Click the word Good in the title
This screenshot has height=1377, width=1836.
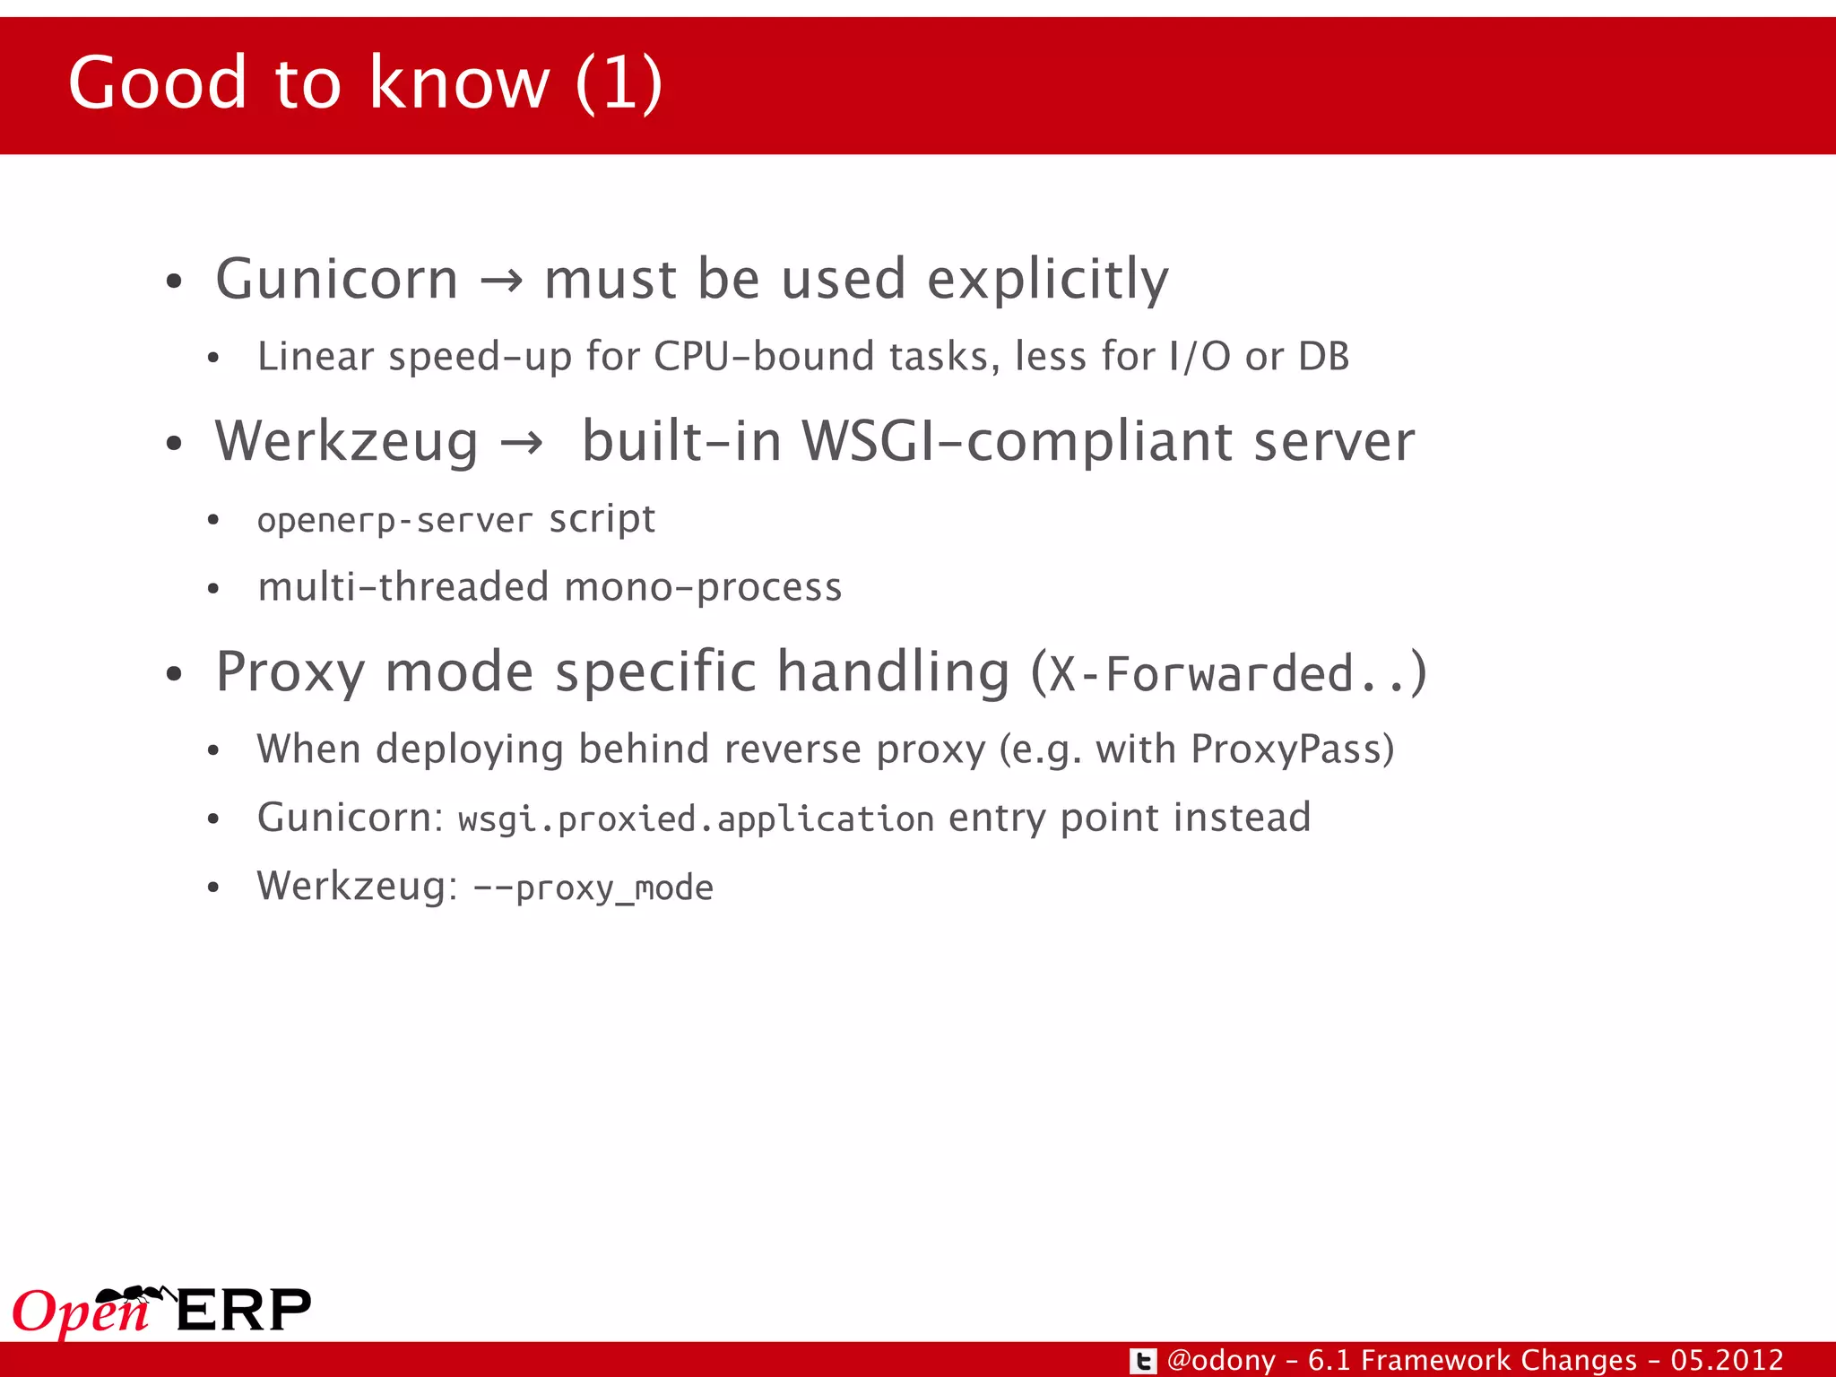tap(157, 82)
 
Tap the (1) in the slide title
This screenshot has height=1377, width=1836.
tap(619, 82)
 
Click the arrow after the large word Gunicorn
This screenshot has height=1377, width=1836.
tap(501, 281)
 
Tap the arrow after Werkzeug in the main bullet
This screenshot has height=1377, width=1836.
tap(522, 443)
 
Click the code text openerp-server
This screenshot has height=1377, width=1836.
tap(394, 521)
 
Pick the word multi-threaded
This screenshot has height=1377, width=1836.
tap(403, 587)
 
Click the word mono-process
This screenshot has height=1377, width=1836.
tap(704, 587)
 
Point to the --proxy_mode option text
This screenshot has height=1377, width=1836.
tap(593, 888)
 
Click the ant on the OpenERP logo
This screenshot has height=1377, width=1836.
tap(134, 1295)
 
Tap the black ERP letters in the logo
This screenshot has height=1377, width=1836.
tap(244, 1311)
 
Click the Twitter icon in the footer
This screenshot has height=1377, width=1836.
tap(1142, 1361)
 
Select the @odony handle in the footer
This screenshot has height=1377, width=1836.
tap(1221, 1361)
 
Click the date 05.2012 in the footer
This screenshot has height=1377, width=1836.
tap(1727, 1361)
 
